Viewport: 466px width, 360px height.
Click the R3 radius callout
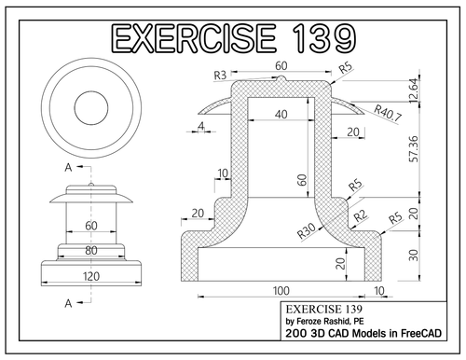pos(221,74)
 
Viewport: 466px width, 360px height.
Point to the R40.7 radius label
pos(388,116)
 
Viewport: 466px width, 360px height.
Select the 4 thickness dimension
pos(200,125)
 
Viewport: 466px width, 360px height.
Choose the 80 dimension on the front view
pos(91,251)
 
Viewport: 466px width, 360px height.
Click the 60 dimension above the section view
pos(281,67)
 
